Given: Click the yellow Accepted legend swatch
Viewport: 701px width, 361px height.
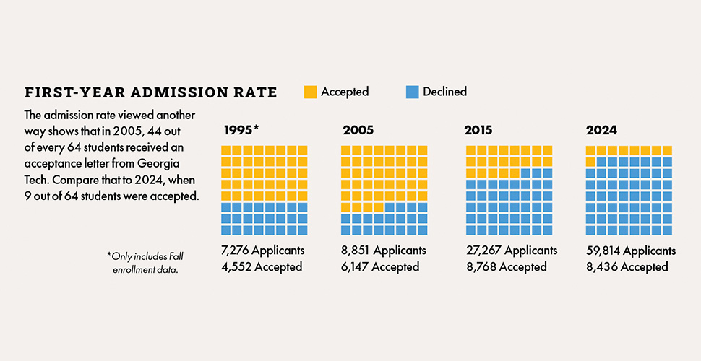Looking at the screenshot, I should tap(310, 92).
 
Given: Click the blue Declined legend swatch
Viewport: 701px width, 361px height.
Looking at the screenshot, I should tap(413, 92).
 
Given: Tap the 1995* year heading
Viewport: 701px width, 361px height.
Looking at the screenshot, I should tap(240, 130).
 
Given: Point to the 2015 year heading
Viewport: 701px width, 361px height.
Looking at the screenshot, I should tap(478, 130).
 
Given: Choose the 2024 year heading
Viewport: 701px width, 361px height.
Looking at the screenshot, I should tap(601, 130).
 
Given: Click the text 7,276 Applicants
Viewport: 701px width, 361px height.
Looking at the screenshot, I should tap(262, 251).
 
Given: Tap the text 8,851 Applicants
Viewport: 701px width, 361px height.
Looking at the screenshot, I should tap(383, 251).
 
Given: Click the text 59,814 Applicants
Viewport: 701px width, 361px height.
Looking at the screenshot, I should tap(630, 251).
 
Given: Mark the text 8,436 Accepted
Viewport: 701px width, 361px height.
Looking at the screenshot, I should tap(627, 266).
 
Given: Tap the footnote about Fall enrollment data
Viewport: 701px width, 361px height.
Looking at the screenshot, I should tap(142, 263).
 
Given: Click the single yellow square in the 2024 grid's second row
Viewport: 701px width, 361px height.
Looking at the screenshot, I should tap(590, 161).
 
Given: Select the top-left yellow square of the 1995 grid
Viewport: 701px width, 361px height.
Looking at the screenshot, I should tap(225, 149).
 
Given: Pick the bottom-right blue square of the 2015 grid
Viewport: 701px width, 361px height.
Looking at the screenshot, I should tap(547, 230).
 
